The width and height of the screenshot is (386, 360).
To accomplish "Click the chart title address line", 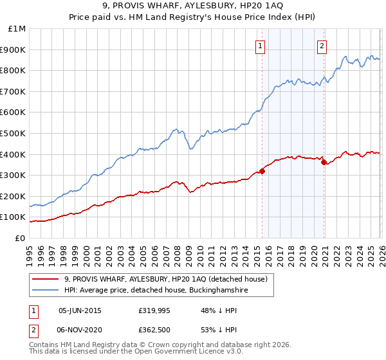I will [193, 6].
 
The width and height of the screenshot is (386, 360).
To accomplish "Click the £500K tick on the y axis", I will [15, 133].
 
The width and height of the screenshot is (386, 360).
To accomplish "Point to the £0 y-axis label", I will [21, 238].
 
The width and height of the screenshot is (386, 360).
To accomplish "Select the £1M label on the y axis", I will [17, 29].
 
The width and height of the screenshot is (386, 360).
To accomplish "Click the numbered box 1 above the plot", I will [261, 46].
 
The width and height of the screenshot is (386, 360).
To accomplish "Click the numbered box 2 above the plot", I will [321, 46].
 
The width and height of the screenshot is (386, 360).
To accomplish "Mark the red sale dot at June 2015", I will [262, 171].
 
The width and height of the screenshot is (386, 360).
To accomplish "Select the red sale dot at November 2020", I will [324, 162].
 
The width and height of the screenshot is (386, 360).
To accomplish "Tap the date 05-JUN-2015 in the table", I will [80, 310].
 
